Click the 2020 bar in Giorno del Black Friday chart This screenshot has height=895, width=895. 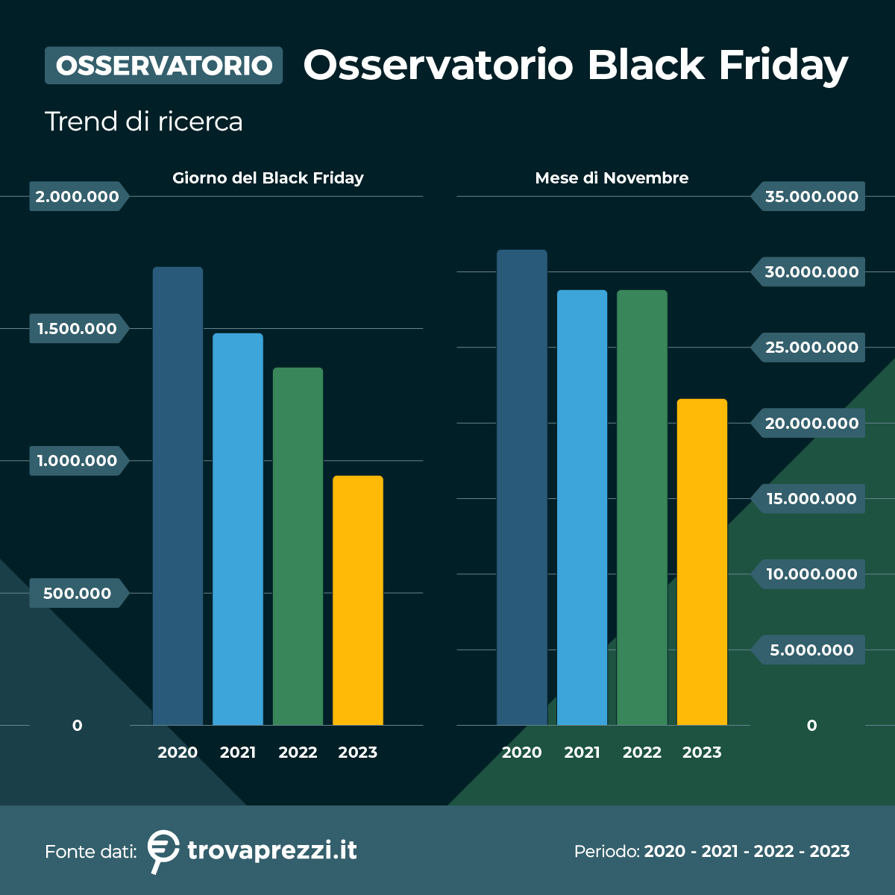pos(178,496)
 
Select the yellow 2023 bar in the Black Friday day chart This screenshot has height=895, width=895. pos(358,600)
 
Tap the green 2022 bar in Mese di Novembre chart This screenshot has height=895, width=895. pos(642,507)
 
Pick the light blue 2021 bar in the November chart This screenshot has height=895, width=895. pos(582,507)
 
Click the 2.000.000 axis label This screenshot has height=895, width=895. pos(78,197)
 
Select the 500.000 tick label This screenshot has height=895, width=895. pos(78,594)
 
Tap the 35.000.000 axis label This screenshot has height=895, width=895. pos(811,197)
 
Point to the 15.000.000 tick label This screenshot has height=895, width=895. pos(811,499)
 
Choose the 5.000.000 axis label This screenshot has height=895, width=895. pos(811,650)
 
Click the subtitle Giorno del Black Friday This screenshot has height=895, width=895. pos(268,178)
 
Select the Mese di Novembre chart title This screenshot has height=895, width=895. pos(612,178)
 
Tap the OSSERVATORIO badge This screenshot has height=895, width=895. pos(164,66)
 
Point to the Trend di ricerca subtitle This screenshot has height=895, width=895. pos(144,122)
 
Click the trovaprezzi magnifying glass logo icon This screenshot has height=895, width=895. pos(163,850)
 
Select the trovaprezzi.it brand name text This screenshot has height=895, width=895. pos(272,850)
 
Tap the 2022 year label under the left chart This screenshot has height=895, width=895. pos(298,753)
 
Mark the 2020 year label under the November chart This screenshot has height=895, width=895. pos(521,753)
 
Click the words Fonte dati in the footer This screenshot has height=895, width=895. pos(90,852)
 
